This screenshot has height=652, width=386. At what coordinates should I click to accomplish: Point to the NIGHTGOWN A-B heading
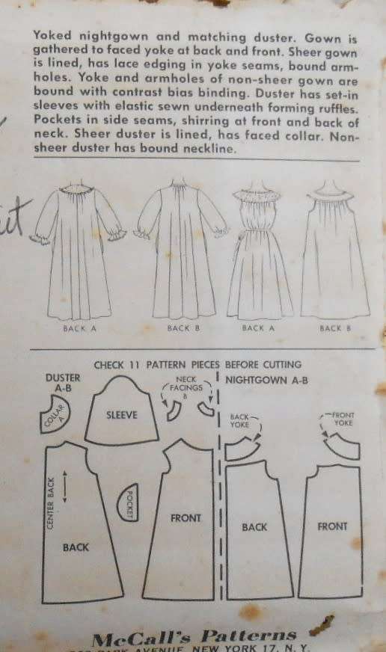pos(266,380)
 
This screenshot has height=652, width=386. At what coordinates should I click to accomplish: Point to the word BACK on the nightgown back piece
pos(254,527)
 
